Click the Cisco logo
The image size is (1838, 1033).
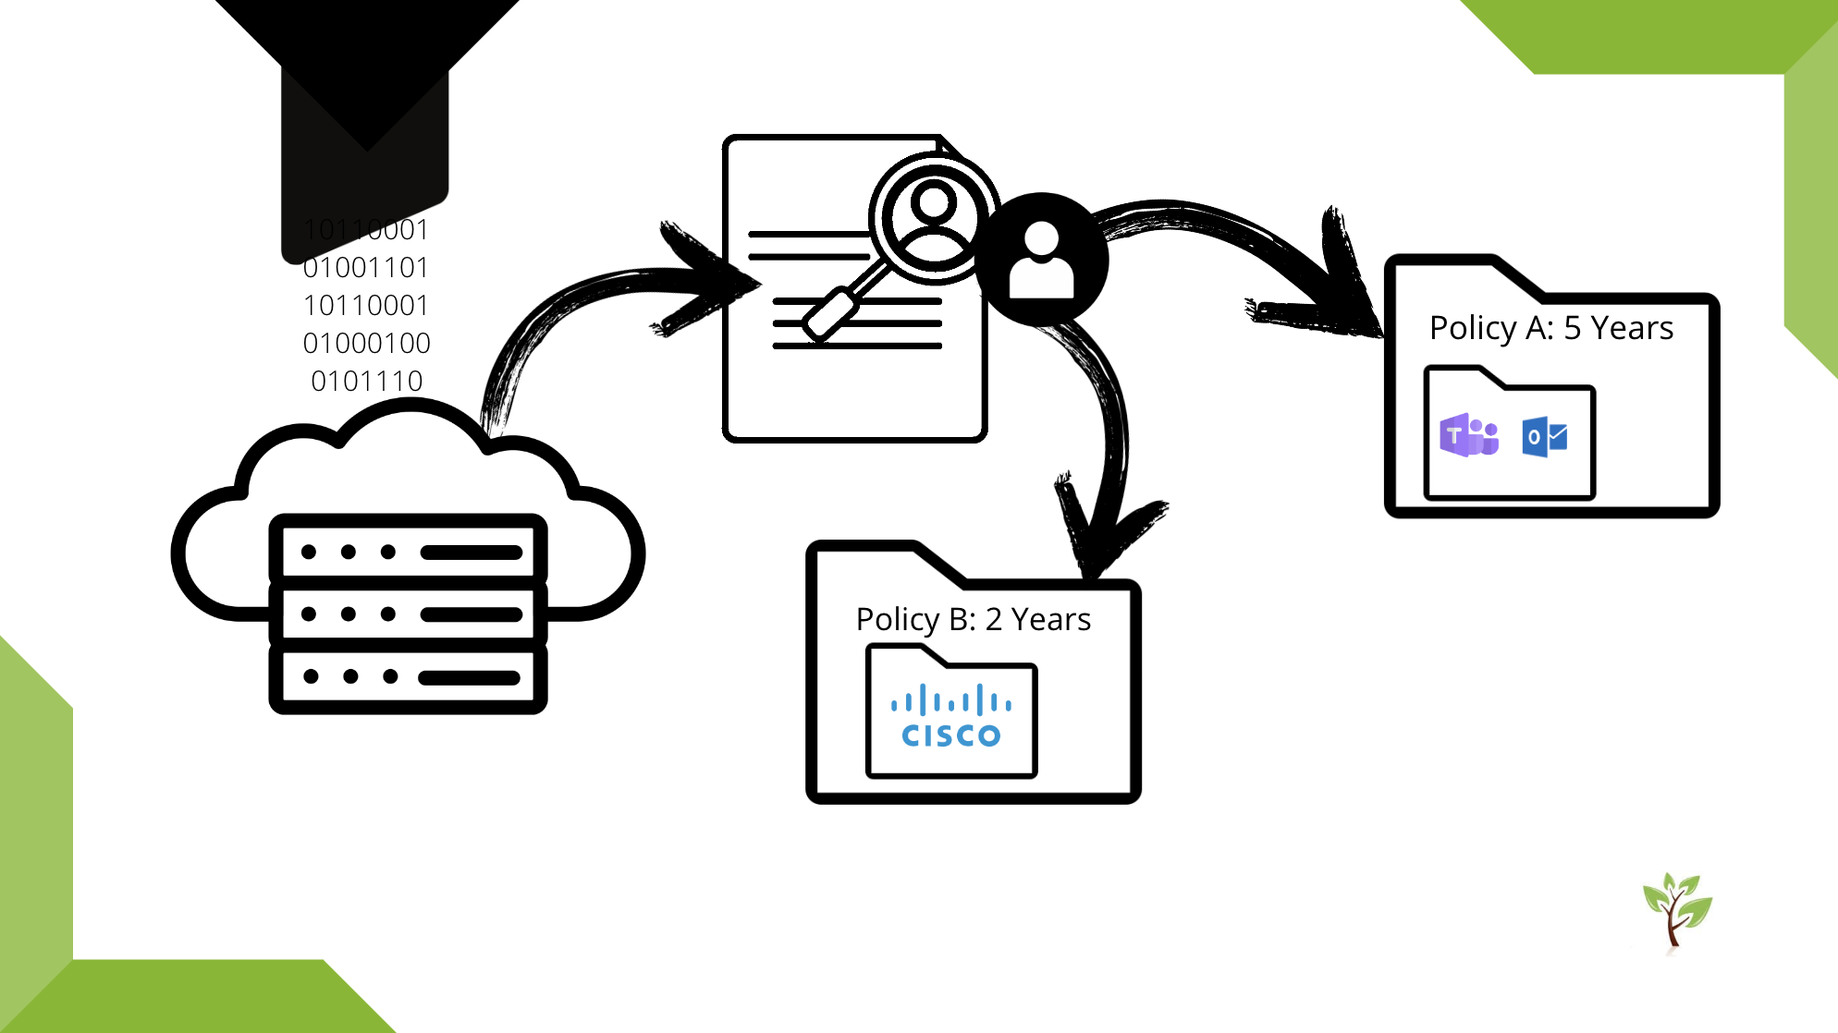tap(950, 717)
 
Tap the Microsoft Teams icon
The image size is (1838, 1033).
tap(1468, 435)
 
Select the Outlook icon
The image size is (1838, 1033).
tap(1544, 437)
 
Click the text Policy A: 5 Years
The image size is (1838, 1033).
tap(1550, 328)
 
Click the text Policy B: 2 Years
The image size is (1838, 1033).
tap(973, 619)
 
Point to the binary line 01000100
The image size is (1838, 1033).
tap(366, 343)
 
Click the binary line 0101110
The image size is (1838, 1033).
tap(366, 381)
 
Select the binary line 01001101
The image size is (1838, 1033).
tap(366, 267)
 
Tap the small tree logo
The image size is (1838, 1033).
tap(1676, 910)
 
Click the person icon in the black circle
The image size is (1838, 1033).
tap(1041, 260)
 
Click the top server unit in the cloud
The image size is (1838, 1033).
tap(408, 552)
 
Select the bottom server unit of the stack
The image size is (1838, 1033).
tap(408, 676)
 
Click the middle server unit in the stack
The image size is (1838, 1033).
tap(408, 614)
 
